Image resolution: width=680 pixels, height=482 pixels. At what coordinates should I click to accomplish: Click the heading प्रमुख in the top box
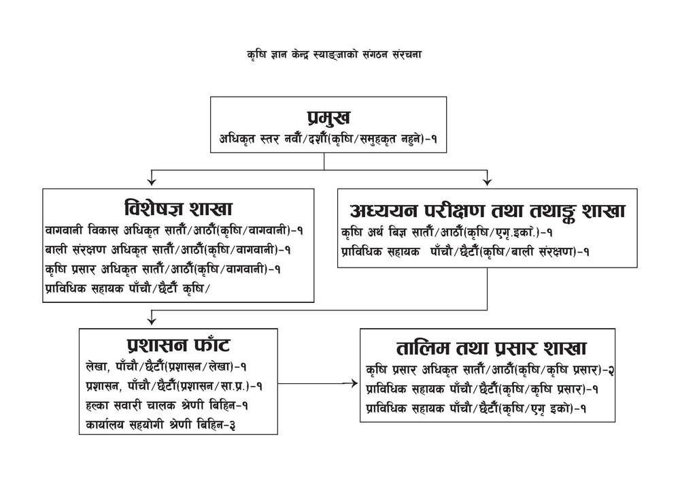click(328, 117)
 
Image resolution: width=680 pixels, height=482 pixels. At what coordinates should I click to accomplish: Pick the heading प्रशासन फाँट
click(178, 346)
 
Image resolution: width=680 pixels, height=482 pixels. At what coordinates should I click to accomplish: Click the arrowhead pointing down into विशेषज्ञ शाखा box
click(152, 180)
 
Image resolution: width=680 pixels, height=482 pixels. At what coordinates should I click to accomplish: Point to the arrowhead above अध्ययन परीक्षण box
click(487, 180)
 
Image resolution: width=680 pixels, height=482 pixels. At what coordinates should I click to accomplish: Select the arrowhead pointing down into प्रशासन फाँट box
click(152, 320)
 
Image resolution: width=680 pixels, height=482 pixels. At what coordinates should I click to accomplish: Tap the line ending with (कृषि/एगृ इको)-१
click(475, 408)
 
